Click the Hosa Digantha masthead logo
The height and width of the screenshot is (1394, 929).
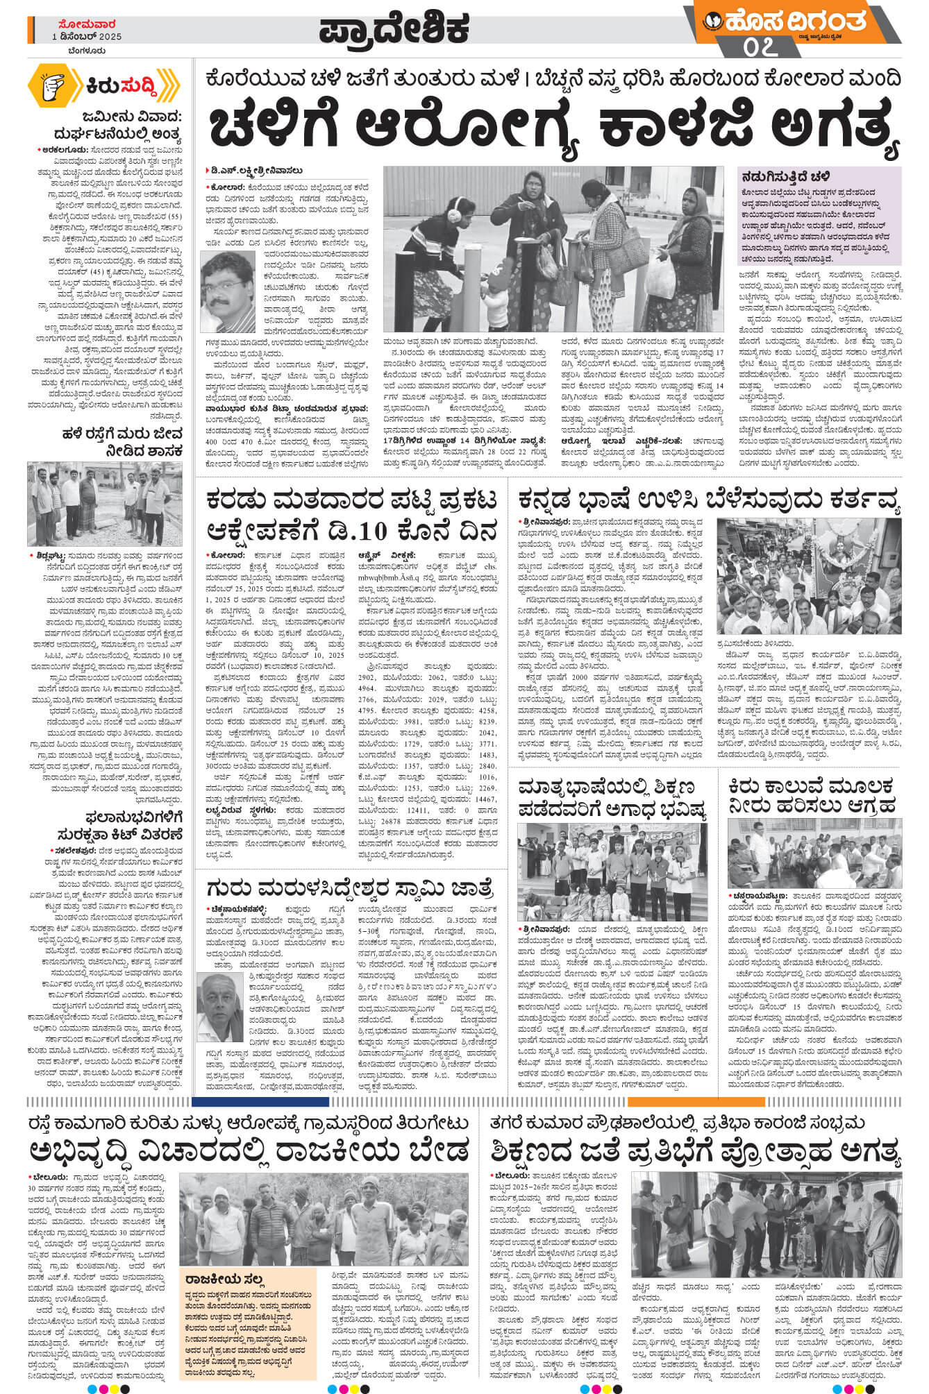click(792, 22)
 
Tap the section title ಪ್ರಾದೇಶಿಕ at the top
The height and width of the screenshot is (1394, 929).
click(394, 30)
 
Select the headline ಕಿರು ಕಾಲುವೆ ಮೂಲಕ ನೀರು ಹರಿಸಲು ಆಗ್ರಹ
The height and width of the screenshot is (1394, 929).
click(812, 795)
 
